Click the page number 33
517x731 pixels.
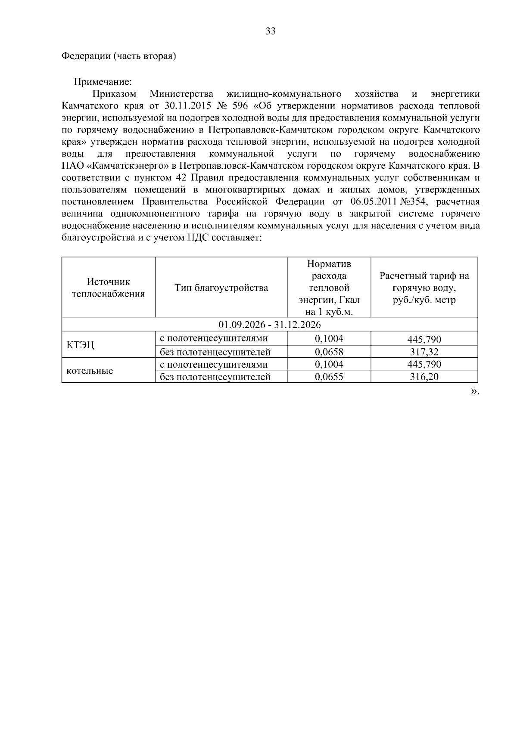point(271,31)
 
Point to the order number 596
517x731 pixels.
point(241,106)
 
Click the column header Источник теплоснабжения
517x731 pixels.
point(108,288)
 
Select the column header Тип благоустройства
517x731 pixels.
point(221,288)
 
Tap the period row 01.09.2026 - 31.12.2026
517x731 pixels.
point(269,324)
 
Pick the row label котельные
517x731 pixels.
point(90,371)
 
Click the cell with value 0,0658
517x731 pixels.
point(329,352)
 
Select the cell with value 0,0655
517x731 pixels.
point(329,377)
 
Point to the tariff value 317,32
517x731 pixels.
point(424,352)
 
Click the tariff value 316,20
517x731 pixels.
point(424,377)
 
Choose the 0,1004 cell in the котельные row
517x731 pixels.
point(329,365)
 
